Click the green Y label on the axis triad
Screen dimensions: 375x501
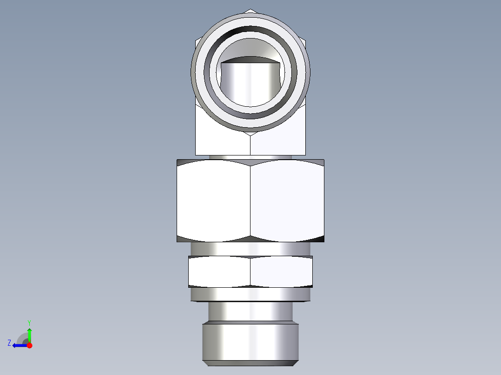29,322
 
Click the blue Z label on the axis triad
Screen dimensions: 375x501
9,343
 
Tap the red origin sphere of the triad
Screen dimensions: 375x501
29,345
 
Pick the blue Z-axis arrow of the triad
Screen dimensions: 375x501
20,345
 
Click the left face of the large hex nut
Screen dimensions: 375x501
214,200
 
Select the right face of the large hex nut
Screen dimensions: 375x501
287,200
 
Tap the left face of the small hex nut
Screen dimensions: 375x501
219,272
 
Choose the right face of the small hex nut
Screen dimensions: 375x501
281,272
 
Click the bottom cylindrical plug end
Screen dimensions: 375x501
250,343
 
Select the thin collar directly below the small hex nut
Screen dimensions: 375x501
250,294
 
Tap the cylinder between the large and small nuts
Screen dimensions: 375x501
250,248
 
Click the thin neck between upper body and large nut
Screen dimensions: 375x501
250,157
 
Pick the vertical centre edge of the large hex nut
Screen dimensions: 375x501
250,200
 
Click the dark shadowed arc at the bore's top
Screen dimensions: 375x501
250,59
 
